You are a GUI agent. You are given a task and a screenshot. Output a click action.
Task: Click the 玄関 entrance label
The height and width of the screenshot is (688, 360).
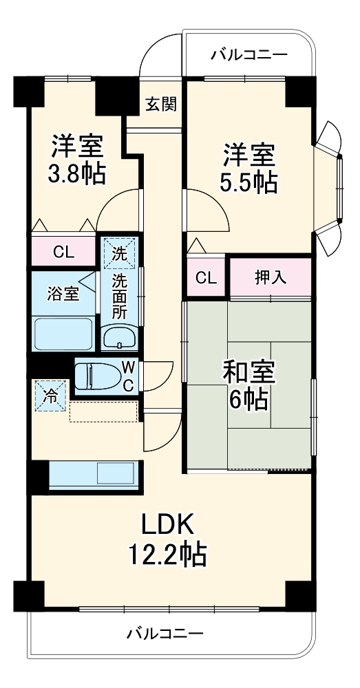[161, 104]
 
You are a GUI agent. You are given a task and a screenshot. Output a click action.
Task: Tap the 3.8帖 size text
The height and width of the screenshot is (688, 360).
[76, 173]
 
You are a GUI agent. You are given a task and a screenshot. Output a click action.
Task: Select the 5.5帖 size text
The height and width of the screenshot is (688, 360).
[248, 182]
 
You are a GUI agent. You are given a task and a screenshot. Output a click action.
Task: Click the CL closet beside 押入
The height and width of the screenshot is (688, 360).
[206, 278]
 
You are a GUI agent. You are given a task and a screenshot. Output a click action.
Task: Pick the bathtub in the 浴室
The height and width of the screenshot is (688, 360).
[63, 335]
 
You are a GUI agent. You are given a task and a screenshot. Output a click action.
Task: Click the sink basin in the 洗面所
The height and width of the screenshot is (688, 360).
[120, 337]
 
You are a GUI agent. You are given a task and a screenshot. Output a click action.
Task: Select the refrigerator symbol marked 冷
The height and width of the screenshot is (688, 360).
[50, 397]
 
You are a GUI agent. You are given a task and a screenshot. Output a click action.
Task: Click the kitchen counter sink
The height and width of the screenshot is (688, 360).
[117, 474]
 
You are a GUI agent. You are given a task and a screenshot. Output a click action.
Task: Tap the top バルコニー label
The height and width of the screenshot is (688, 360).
[249, 55]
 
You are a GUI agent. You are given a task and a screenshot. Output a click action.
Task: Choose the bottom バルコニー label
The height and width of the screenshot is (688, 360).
[165, 634]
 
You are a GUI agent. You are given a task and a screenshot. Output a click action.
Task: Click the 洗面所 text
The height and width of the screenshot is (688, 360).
[120, 296]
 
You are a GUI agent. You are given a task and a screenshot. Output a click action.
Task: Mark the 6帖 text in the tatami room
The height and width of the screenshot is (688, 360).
[248, 400]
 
